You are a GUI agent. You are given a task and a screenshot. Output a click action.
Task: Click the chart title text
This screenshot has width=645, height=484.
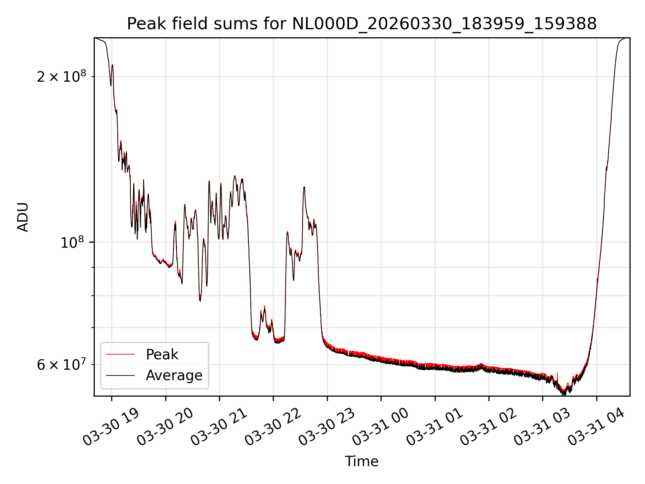coord(362,24)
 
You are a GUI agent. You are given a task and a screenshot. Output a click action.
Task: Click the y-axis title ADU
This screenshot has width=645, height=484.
coord(23,217)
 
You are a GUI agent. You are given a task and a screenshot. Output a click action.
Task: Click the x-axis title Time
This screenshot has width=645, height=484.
coord(362,461)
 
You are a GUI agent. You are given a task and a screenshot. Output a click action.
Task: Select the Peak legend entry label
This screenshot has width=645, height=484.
coord(162,355)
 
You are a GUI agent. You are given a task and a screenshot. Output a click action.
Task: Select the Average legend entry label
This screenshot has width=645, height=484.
coord(174,375)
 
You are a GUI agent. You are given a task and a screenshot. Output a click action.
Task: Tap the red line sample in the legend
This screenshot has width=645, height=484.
coord(120,355)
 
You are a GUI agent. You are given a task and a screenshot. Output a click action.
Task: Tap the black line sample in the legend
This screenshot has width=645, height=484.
coord(120,375)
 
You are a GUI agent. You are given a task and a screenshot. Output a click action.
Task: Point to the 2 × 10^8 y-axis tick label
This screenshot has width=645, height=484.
coord(61,77)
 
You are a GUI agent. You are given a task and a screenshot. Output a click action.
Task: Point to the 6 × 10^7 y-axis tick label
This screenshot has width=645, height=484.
coord(61,365)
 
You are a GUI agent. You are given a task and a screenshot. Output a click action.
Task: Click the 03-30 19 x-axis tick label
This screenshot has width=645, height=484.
coord(111,427)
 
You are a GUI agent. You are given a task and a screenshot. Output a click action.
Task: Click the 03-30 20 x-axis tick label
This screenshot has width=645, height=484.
coord(165,427)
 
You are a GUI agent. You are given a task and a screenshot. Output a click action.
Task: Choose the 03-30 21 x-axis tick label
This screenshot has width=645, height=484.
coord(219,427)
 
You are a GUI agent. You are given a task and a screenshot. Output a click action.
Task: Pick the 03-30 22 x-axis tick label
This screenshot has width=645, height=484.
coord(273,427)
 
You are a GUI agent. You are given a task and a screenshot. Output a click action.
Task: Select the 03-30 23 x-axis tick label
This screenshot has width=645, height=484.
coord(327,427)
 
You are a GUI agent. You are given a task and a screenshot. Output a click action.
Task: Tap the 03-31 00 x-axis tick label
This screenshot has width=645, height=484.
coord(381,427)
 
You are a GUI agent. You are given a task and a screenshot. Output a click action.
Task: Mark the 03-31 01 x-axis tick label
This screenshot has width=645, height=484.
coord(435,427)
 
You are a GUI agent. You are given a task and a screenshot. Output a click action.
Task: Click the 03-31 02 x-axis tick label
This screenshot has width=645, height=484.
coord(488,427)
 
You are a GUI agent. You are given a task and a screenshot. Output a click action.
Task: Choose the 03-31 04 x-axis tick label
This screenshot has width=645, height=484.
coord(596,427)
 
